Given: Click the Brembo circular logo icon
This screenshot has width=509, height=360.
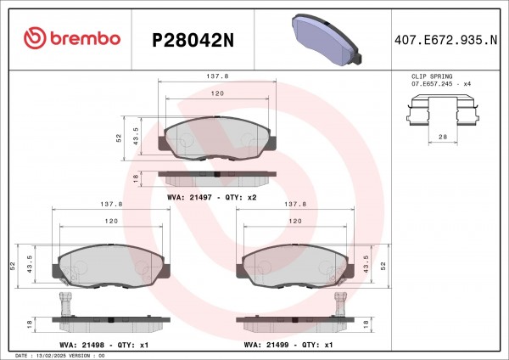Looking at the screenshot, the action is (x=35, y=37).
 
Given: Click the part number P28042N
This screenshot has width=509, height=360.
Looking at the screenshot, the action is (x=193, y=40).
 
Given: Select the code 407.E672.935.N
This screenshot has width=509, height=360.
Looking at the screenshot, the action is (x=445, y=40).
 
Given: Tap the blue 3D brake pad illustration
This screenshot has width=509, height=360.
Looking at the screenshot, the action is (x=327, y=39).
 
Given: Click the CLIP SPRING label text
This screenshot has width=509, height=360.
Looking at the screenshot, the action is (x=432, y=76).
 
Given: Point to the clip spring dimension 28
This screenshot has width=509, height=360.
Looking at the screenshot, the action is (x=443, y=137).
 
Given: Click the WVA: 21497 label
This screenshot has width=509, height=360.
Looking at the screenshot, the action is (x=189, y=197).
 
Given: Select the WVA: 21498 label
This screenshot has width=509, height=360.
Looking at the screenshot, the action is (x=81, y=345).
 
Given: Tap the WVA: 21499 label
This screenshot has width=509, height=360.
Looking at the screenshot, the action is (x=266, y=345).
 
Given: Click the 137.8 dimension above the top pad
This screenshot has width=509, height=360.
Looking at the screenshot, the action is (x=217, y=76).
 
